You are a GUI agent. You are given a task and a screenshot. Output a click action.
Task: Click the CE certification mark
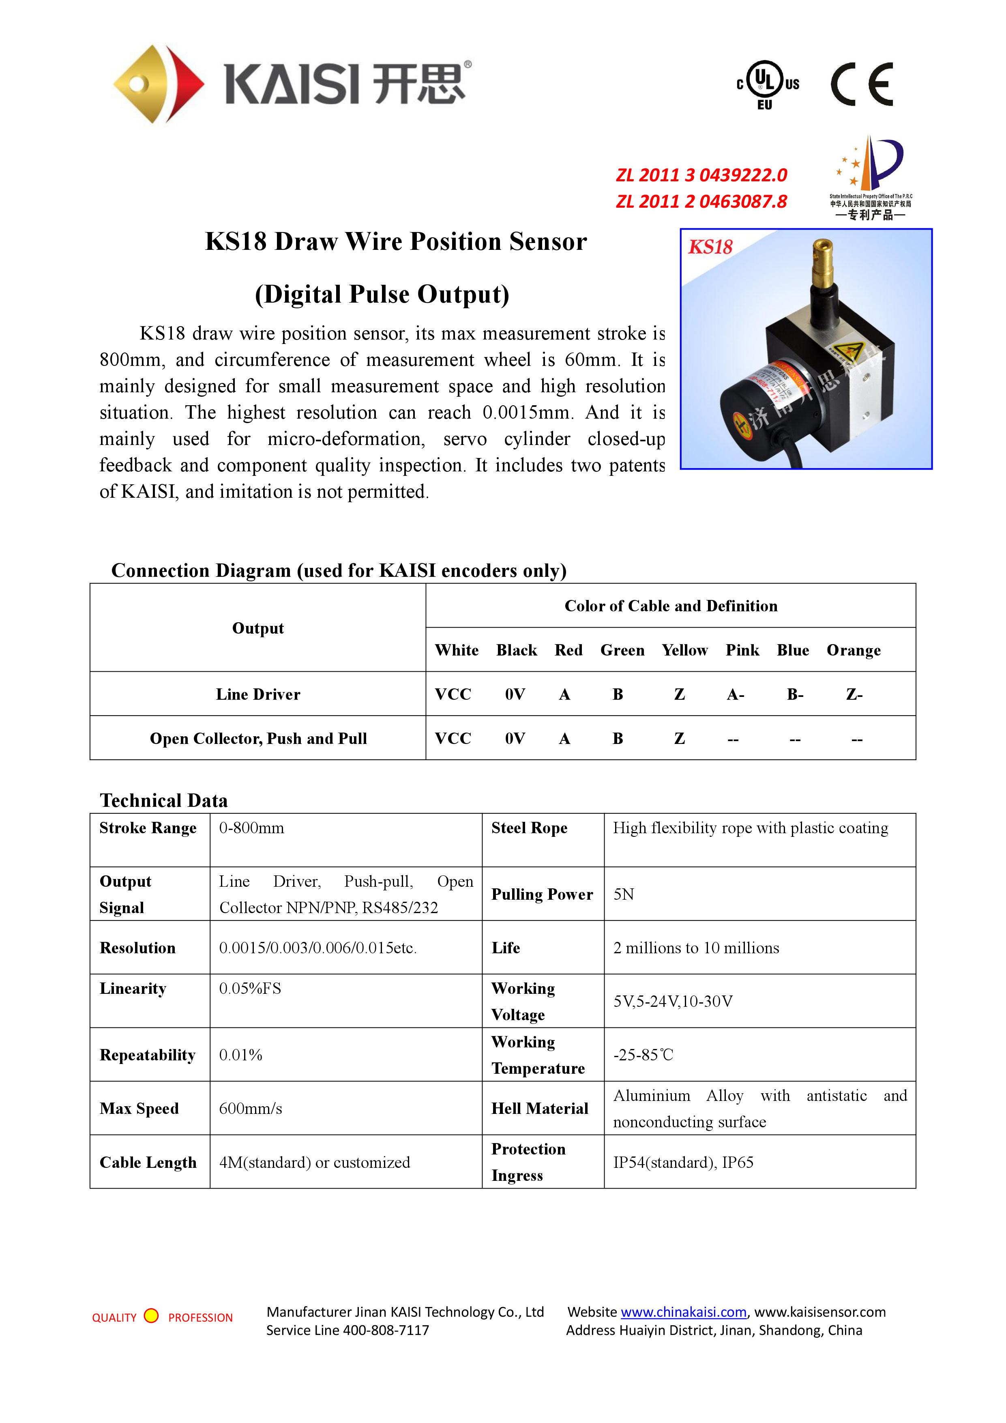861,84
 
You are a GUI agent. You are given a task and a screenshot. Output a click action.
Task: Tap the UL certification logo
768,85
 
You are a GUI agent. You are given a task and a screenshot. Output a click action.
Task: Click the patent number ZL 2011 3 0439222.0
701,175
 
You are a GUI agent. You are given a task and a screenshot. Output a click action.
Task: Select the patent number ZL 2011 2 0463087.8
701,202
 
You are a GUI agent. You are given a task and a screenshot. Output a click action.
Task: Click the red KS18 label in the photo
710,247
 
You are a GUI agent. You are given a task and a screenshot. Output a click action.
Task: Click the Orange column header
854,650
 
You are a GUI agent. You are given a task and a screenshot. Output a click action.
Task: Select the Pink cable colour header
742,650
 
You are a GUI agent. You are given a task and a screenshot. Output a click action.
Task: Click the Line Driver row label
258,694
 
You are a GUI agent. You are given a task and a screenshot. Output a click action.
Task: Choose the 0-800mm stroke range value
251,828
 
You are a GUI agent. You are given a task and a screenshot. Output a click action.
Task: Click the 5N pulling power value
624,894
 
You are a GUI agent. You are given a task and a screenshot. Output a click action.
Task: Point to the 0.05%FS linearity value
250,989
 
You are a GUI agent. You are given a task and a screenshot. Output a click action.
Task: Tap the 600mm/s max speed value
250,1109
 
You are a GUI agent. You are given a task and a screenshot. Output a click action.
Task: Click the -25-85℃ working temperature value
643,1055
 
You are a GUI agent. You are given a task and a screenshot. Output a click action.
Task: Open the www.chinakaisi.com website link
683,1312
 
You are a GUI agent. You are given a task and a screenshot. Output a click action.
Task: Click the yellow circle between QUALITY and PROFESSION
151,1316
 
